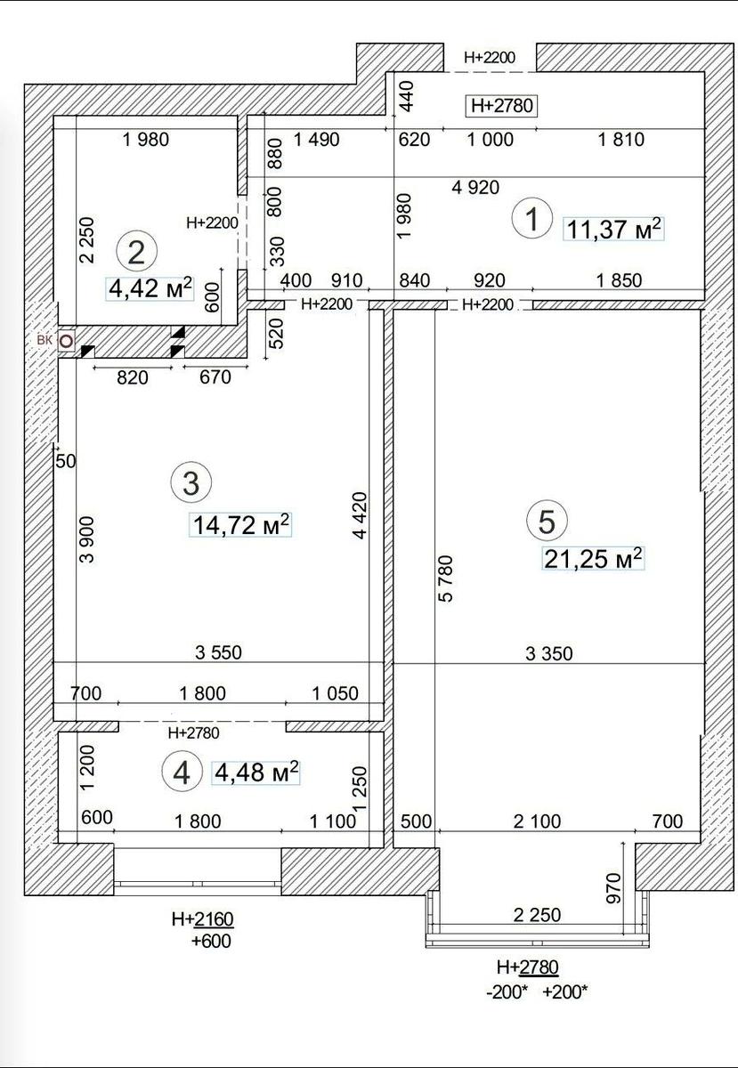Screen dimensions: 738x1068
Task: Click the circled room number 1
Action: [x=531, y=219]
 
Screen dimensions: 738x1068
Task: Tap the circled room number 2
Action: [x=137, y=252]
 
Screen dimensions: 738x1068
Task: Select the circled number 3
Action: [x=191, y=483]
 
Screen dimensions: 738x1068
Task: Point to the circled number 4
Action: [x=182, y=773]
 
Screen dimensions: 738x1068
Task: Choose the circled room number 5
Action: [x=547, y=522]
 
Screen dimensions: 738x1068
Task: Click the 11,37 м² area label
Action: [x=613, y=230]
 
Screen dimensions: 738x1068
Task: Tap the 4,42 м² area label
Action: [x=150, y=288]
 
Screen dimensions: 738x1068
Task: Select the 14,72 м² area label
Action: [x=240, y=525]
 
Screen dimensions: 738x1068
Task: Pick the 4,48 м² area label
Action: [x=256, y=772]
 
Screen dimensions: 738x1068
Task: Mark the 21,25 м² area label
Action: [x=594, y=558]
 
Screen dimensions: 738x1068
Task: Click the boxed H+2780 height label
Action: [x=501, y=105]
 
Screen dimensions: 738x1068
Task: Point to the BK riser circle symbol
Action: [x=67, y=341]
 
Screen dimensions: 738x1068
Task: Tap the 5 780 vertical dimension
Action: [x=447, y=578]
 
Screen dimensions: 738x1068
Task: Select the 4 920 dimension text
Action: [x=475, y=188]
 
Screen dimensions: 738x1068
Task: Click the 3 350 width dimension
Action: [x=548, y=653]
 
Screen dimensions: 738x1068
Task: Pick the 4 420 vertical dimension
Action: [x=361, y=515]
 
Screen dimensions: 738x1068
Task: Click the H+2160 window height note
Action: [x=203, y=919]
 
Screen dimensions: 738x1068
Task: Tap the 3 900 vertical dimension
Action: [x=87, y=539]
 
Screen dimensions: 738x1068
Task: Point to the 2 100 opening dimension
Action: [x=537, y=821]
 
